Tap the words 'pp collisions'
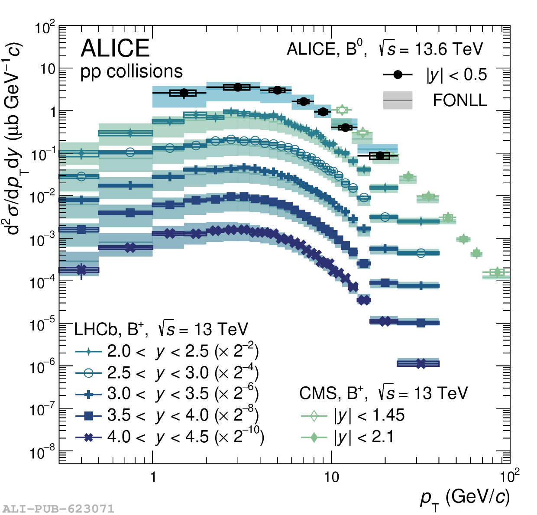tap(132, 71)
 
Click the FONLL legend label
tap(460, 100)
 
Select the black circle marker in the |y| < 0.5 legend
tap(398, 74)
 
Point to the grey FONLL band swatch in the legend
tap(398, 100)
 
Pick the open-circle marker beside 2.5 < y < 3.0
tap(88, 372)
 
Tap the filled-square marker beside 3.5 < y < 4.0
tap(88, 416)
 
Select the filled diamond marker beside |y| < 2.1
tap(314, 437)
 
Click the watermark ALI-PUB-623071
tap(58, 509)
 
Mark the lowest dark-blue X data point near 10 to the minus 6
tap(421, 363)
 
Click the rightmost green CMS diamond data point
tap(497, 272)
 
